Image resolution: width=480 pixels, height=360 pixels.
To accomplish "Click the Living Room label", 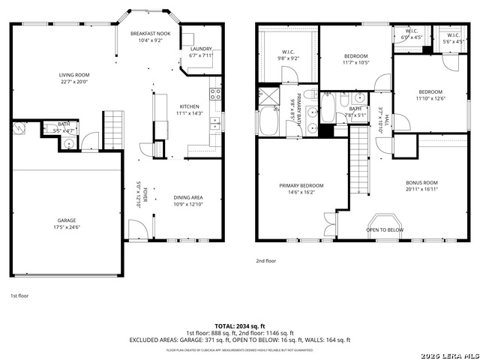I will [x=74, y=75].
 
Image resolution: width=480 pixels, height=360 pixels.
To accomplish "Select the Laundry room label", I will [x=201, y=49].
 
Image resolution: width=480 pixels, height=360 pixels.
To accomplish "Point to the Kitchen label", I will [x=188, y=106].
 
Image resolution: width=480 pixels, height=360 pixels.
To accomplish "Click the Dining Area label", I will [x=188, y=197].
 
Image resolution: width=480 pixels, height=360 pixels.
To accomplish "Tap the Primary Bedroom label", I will [x=301, y=185].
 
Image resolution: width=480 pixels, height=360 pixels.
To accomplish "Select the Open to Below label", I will [x=385, y=230].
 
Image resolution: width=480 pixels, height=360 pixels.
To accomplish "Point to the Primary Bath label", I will [x=298, y=105].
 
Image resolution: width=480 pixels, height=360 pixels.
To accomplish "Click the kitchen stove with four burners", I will [x=216, y=94].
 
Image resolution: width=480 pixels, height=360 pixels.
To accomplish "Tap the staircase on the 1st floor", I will [x=112, y=122].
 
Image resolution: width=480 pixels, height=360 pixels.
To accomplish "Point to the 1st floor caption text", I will [x=20, y=296].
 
